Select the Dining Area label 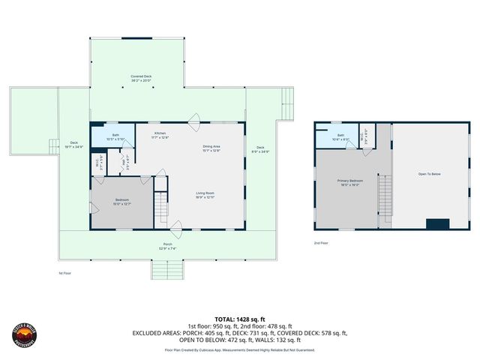pos(211,148)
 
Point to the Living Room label pos(205,195)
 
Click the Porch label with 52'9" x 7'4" pos(166,245)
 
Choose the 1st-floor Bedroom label pos(121,200)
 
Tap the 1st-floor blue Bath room pos(112,137)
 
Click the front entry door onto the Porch pos(177,226)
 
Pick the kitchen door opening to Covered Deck pos(194,118)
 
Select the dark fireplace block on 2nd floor pos(436,223)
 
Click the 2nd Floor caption pos(321,243)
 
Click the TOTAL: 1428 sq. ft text pos(240,319)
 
